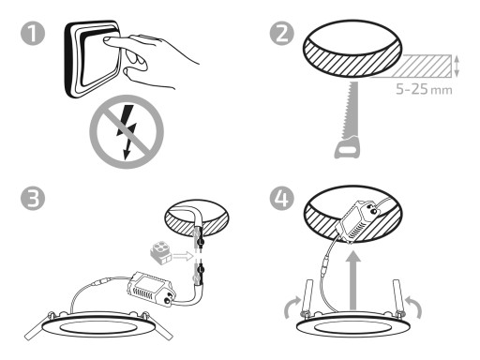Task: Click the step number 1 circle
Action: [33, 34]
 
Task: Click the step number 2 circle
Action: [282, 34]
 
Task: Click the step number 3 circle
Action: [33, 199]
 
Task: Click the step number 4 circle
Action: [282, 199]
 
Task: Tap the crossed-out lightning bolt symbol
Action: [127, 131]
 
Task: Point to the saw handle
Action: [347, 147]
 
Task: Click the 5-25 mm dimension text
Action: [424, 89]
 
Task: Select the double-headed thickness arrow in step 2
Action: [457, 66]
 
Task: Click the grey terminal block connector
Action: [160, 253]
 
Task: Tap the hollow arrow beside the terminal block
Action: [183, 257]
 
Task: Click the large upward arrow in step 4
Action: [352, 280]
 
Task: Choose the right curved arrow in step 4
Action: [415, 307]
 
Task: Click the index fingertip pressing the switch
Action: [107, 40]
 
